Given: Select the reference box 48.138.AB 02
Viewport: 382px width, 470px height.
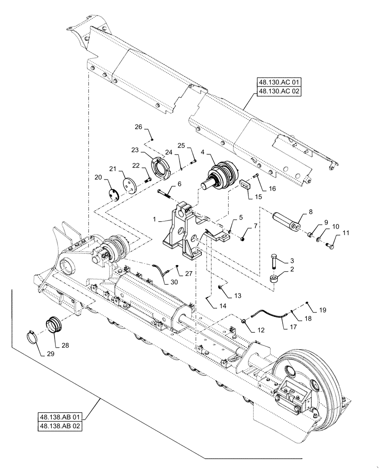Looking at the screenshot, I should click(61, 425).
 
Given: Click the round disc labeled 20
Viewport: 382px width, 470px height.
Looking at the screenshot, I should click(113, 194).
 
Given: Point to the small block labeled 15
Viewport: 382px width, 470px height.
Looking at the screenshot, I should click(244, 185).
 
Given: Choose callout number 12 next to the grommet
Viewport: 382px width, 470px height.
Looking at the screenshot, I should click(261, 329).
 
